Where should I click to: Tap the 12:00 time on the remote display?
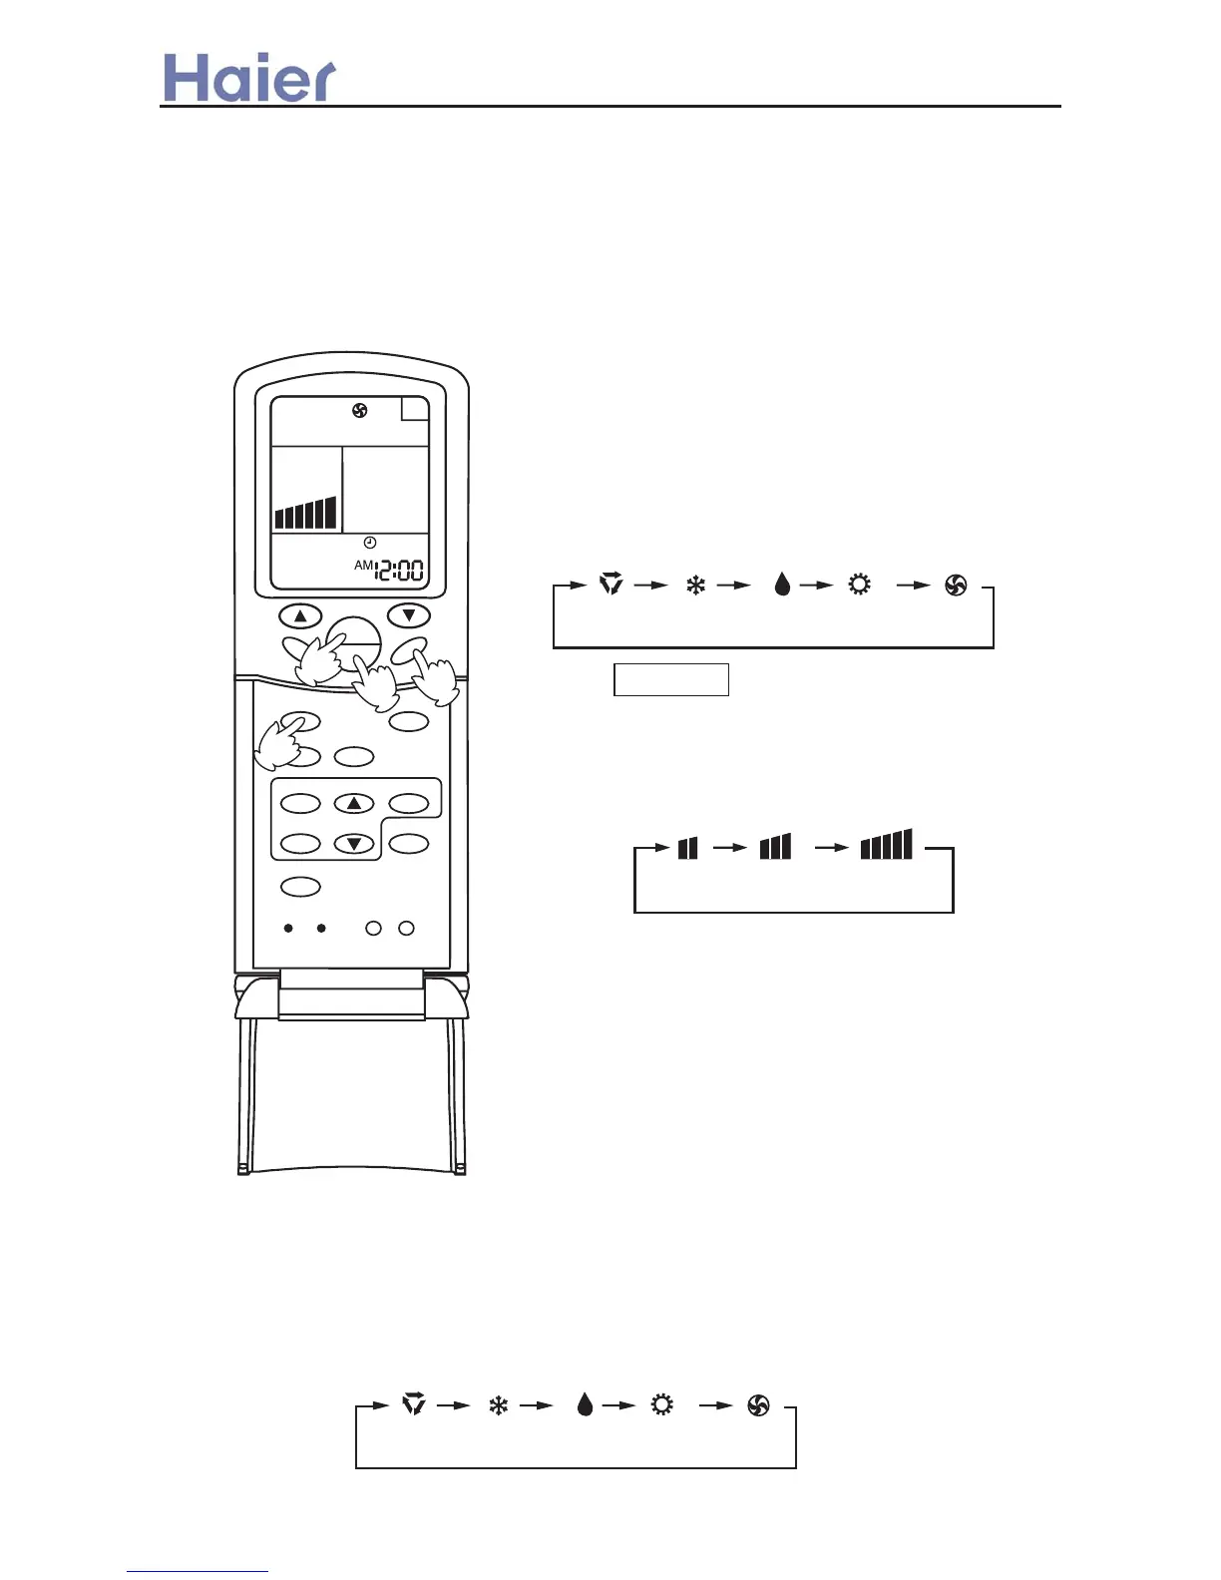click(399, 571)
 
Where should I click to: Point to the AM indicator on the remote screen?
click(363, 566)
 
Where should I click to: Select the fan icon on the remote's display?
click(359, 410)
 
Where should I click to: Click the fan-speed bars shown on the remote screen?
click(305, 514)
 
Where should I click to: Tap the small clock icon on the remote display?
click(370, 543)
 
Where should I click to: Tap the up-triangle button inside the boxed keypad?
click(353, 803)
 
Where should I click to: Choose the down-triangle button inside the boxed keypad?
click(353, 844)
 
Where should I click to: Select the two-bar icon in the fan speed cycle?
click(687, 848)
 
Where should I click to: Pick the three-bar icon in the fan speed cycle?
click(775, 847)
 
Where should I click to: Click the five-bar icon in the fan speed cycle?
click(886, 845)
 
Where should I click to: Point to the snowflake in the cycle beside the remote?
click(695, 586)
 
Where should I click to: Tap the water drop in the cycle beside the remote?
click(782, 586)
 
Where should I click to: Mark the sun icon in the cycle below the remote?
click(661, 1405)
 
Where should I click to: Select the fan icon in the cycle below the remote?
click(758, 1405)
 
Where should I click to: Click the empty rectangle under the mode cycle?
click(670, 679)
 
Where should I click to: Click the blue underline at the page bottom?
click(198, 1571)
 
